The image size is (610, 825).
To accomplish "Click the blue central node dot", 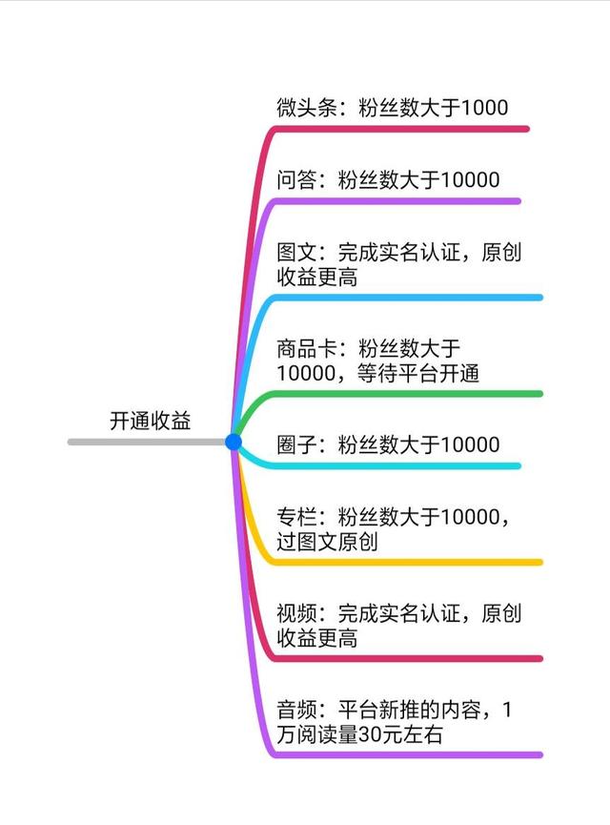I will tap(234, 442).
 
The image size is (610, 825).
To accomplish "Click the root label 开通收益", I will tap(151, 421).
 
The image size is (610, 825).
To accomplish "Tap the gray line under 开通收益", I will tap(143, 442).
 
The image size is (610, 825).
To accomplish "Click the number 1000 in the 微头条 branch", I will tap(484, 108).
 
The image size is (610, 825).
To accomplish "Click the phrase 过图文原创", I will tap(327, 542).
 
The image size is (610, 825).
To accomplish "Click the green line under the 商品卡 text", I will tap(410, 393).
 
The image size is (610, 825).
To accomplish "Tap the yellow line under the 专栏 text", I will tap(410, 562).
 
